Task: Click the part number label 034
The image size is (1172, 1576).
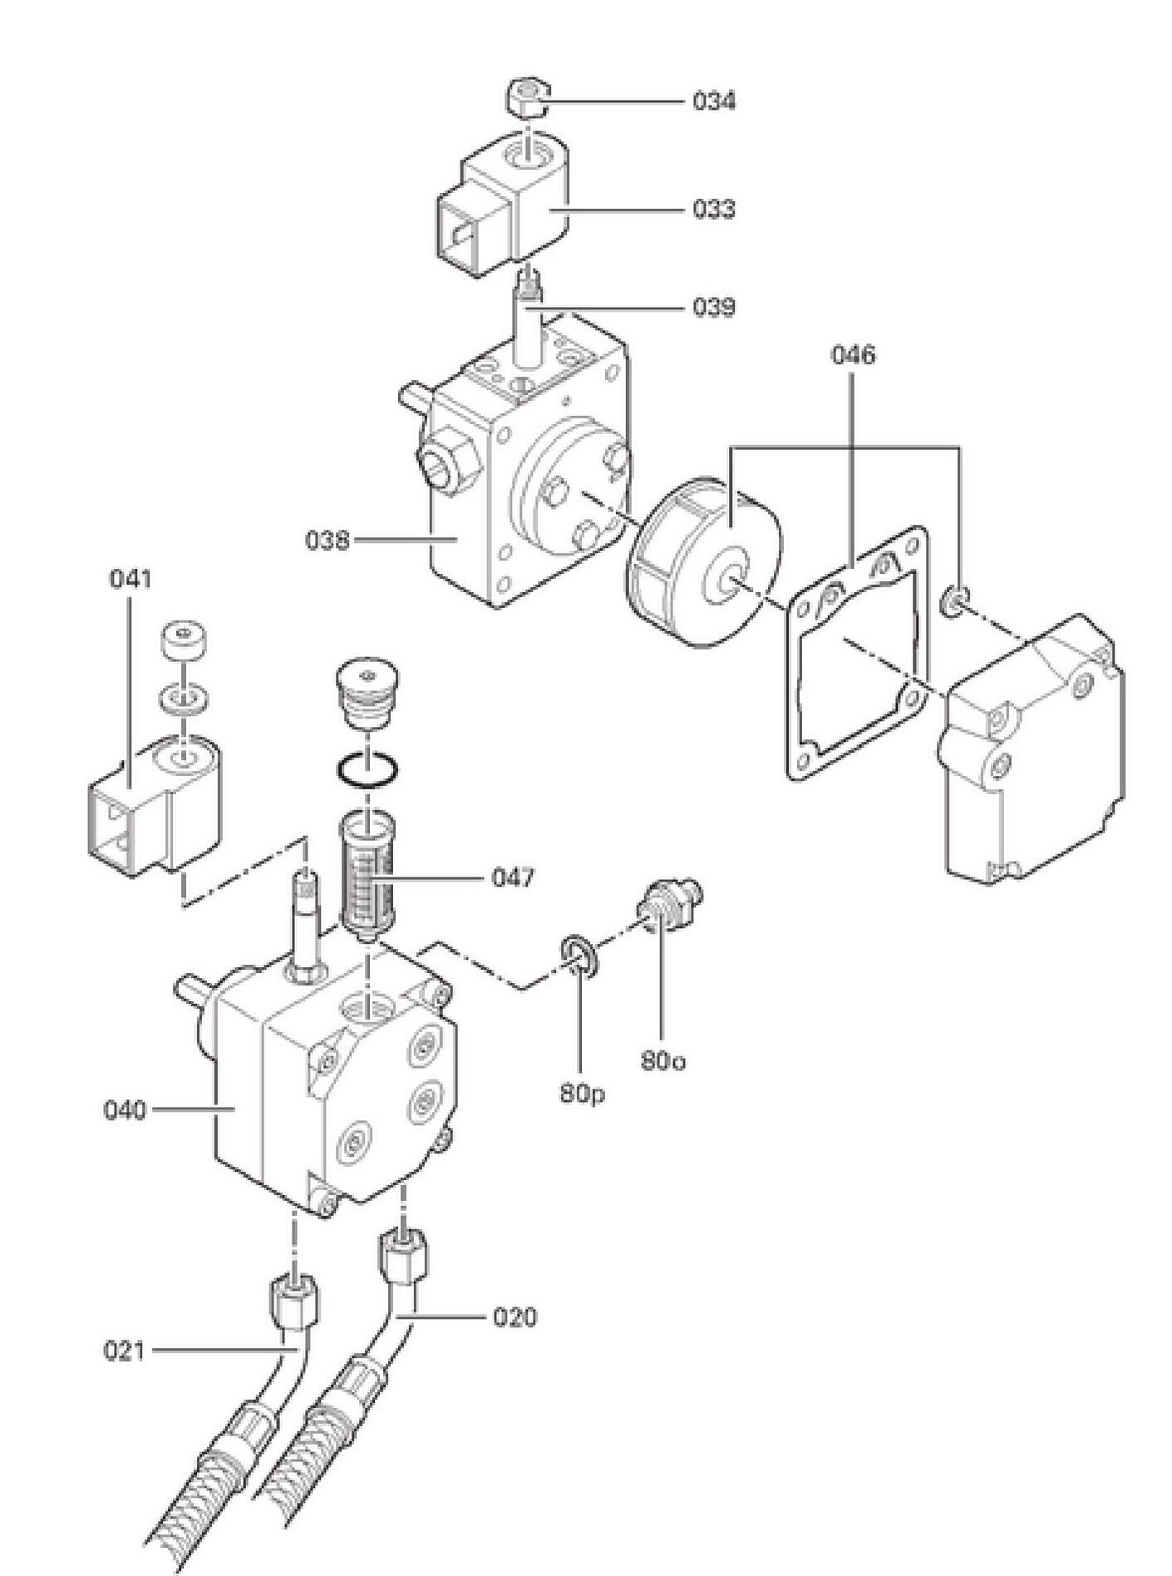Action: click(x=714, y=101)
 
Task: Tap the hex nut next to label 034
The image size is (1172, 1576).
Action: click(x=529, y=96)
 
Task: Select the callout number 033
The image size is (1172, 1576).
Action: click(x=714, y=209)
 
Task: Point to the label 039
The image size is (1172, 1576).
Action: click(x=714, y=308)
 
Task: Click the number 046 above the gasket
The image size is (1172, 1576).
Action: click(x=853, y=355)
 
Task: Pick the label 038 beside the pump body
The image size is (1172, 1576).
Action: click(x=327, y=541)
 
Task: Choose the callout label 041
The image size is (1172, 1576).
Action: click(x=130, y=579)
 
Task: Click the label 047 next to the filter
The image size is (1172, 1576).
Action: click(x=513, y=877)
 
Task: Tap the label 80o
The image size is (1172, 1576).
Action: click(x=663, y=1061)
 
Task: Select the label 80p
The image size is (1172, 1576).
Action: click(x=582, y=1094)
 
